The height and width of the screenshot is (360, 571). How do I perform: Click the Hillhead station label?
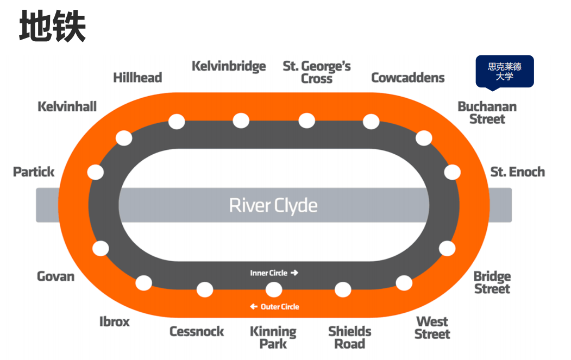tap(137, 78)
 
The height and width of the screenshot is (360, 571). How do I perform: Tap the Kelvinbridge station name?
tap(229, 66)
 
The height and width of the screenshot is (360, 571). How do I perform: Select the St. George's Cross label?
tap(317, 72)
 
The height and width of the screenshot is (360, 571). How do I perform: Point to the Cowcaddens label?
tap(407, 78)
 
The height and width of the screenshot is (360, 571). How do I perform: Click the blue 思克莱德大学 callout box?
tap(505, 71)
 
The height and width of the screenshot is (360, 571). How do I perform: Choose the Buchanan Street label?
tap(487, 112)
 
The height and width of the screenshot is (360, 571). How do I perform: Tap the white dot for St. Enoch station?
tap(452, 172)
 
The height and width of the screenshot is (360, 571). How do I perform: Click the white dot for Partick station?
tap(96, 172)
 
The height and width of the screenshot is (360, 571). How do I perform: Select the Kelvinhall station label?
tap(67, 106)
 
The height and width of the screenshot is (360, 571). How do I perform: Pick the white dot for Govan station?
tap(101, 248)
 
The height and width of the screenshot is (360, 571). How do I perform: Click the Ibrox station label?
tap(115, 321)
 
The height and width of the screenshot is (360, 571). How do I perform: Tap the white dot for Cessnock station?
tap(205, 289)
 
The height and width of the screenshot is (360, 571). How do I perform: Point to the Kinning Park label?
tap(273, 337)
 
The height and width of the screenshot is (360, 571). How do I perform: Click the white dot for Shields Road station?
tap(343, 289)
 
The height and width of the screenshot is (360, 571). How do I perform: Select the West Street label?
tap(432, 328)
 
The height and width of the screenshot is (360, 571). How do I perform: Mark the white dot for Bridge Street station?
tap(447, 248)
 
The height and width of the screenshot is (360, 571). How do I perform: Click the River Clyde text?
tap(273, 205)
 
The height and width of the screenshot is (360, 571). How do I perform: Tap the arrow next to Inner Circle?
tap(294, 273)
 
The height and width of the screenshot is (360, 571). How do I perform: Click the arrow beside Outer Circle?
tap(253, 307)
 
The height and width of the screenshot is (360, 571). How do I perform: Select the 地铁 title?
tap(53, 27)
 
